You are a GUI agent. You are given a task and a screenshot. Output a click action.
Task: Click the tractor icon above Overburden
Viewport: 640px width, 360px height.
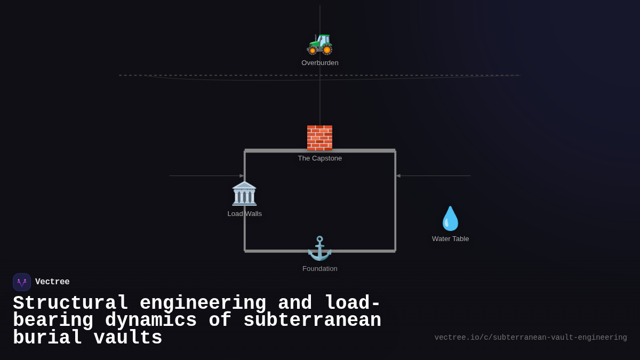(319, 43)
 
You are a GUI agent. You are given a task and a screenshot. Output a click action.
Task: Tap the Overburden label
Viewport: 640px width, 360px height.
(319, 63)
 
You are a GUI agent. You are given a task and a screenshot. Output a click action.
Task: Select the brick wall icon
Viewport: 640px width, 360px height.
(319, 138)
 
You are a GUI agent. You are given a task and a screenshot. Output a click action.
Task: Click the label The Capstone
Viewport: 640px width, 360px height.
(319, 158)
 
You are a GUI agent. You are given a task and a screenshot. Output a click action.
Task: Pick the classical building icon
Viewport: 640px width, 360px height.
(244, 193)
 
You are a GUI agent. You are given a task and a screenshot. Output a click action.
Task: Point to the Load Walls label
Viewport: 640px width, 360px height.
(244, 214)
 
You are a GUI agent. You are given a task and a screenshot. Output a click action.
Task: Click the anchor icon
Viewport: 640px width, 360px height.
(319, 249)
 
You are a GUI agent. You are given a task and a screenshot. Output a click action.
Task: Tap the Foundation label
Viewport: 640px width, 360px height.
(319, 269)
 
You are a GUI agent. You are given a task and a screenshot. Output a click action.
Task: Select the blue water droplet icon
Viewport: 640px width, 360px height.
(450, 218)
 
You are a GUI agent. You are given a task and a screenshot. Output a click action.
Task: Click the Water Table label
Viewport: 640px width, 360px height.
(450, 239)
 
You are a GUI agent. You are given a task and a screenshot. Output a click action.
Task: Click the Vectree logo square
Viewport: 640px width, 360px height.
(22, 282)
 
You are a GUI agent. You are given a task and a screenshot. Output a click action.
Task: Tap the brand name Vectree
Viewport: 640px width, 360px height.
(52, 282)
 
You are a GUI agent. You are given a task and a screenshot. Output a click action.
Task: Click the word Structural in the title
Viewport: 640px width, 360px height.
(70, 303)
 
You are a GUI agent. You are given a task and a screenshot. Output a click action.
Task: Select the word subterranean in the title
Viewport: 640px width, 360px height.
(312, 321)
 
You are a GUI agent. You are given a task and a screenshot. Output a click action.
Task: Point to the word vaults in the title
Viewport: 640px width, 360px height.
(128, 338)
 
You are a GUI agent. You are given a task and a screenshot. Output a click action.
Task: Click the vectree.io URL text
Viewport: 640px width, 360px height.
(530, 338)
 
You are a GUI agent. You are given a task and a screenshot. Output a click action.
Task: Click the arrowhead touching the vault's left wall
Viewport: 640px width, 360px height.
(242, 176)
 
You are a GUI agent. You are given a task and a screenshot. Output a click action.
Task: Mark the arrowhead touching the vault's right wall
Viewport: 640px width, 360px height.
(398, 176)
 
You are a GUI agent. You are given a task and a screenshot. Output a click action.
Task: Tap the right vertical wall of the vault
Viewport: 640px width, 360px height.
(395, 213)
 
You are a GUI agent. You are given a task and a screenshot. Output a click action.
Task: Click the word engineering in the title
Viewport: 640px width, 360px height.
(203, 303)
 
